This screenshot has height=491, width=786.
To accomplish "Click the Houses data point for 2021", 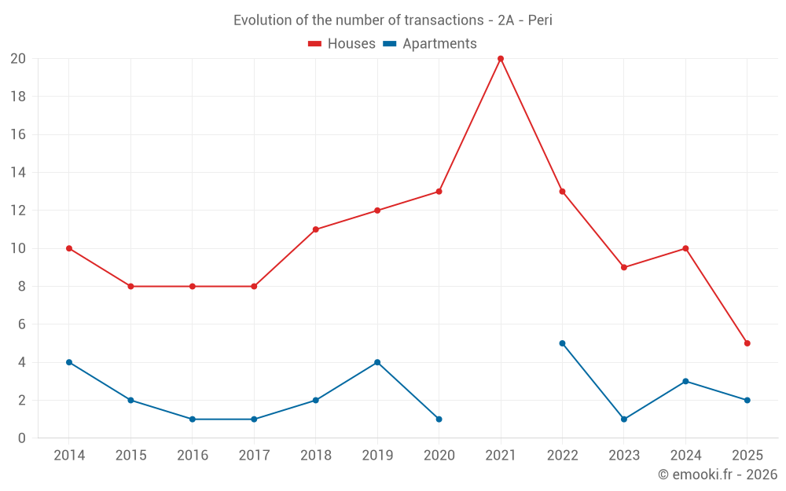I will click(501, 59).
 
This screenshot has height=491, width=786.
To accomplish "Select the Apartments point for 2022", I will click(562, 343).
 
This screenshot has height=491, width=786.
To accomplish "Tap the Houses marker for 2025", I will click(747, 343).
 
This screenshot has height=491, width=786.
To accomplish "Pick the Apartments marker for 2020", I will click(439, 419).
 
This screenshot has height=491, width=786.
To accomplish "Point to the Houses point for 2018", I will click(316, 229).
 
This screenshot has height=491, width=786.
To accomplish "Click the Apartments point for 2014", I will click(69, 362).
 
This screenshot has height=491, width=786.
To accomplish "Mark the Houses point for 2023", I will click(624, 267).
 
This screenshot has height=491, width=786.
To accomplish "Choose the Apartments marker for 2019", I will click(377, 362).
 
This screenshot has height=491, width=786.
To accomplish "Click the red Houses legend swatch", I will click(314, 44).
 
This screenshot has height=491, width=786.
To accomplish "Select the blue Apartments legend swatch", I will click(389, 44).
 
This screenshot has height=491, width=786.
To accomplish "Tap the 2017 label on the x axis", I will click(254, 456).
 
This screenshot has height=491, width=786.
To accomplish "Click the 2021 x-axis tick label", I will click(501, 456).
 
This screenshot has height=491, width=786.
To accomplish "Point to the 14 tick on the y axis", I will click(18, 173).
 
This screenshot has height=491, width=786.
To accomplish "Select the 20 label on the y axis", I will click(18, 59).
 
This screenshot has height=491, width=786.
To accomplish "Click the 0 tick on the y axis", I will click(22, 438).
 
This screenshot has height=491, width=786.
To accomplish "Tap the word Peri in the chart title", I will click(540, 20).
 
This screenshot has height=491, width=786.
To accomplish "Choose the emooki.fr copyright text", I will click(717, 475).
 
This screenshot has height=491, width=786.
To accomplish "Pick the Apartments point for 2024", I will click(685, 381).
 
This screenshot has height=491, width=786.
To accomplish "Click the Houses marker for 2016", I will click(193, 287).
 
